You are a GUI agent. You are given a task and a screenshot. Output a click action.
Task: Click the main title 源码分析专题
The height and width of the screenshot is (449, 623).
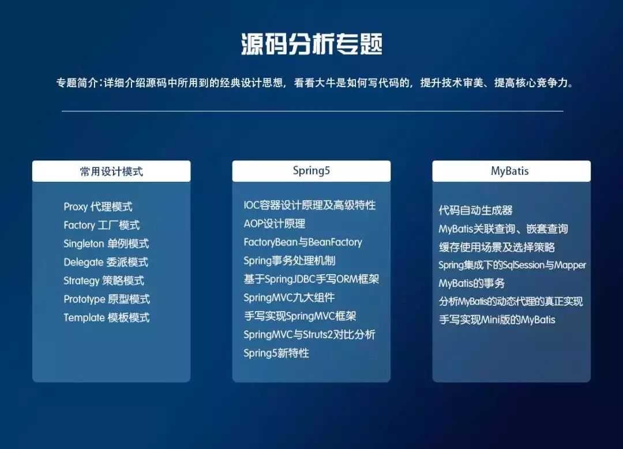[x=311, y=44]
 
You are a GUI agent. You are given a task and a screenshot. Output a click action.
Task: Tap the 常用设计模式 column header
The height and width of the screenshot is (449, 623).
[x=111, y=171]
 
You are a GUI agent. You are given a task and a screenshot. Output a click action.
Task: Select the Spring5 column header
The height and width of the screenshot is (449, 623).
[x=311, y=171]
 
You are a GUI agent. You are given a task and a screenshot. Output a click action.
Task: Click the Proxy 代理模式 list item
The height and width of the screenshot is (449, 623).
[x=98, y=207]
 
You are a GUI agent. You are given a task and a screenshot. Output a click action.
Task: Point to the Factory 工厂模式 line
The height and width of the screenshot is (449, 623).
[x=102, y=225]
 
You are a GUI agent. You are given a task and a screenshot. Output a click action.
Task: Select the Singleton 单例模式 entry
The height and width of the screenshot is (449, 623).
[x=106, y=244]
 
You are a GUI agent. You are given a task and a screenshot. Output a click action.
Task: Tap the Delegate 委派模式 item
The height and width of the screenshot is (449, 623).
[x=106, y=262]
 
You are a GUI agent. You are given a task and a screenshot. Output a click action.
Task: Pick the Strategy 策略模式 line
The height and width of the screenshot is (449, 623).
[x=104, y=280]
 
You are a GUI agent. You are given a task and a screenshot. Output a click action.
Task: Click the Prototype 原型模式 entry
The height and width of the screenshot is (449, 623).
[x=107, y=299]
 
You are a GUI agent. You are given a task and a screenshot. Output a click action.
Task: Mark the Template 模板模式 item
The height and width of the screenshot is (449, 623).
[x=106, y=317]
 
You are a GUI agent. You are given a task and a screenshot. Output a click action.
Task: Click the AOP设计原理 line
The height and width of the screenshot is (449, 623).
[x=275, y=224]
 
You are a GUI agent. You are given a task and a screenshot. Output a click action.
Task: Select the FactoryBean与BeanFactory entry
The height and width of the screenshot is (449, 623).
[x=303, y=242]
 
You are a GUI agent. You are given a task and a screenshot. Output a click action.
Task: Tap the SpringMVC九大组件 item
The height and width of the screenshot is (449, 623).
[x=289, y=298]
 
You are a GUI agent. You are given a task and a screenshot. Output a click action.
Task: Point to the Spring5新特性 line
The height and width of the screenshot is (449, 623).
[x=276, y=353]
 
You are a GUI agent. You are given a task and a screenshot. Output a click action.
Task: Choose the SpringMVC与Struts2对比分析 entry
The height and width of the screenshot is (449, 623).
[x=309, y=335]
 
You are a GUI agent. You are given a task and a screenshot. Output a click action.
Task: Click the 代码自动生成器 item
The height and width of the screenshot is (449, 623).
[x=475, y=211]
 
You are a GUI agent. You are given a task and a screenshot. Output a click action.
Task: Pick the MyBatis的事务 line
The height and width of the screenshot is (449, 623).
[x=471, y=283]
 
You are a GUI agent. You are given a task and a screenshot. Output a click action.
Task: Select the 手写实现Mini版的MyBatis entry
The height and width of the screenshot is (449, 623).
[x=497, y=320]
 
